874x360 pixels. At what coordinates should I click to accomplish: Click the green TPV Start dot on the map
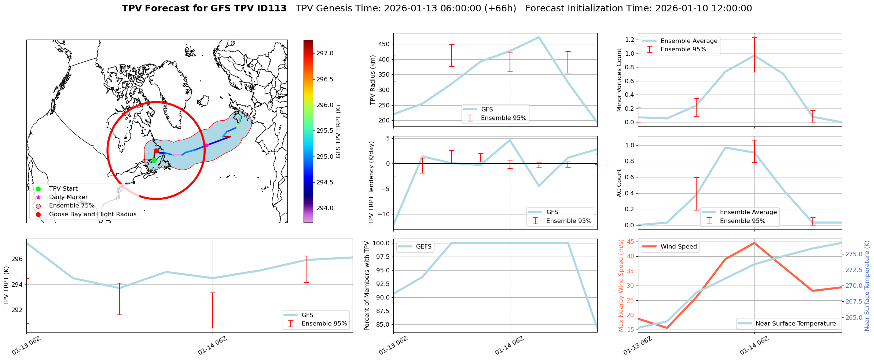click(154, 160)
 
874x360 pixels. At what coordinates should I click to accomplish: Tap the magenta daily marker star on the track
click(207, 145)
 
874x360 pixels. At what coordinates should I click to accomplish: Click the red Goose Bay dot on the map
click(156, 151)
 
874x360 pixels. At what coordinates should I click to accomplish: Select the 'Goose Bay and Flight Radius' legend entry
click(92, 214)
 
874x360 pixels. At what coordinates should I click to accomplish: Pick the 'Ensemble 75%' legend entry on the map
click(71, 206)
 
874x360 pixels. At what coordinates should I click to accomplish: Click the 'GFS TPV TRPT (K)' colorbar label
click(338, 131)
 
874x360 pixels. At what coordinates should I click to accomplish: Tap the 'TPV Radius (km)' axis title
click(373, 80)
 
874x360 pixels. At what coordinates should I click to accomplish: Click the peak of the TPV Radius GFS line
click(539, 37)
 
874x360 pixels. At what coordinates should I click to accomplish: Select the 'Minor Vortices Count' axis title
click(619, 80)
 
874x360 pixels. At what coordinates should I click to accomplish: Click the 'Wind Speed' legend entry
click(678, 247)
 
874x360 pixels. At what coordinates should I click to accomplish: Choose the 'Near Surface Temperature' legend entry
click(795, 324)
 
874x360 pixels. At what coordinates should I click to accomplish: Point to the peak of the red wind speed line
click(754, 243)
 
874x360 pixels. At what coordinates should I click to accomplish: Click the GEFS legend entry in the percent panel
click(423, 247)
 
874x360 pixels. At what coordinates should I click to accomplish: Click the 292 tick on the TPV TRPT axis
click(18, 310)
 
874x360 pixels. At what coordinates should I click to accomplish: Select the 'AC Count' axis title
click(619, 183)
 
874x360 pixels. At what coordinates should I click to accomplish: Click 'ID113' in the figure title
click(272, 8)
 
